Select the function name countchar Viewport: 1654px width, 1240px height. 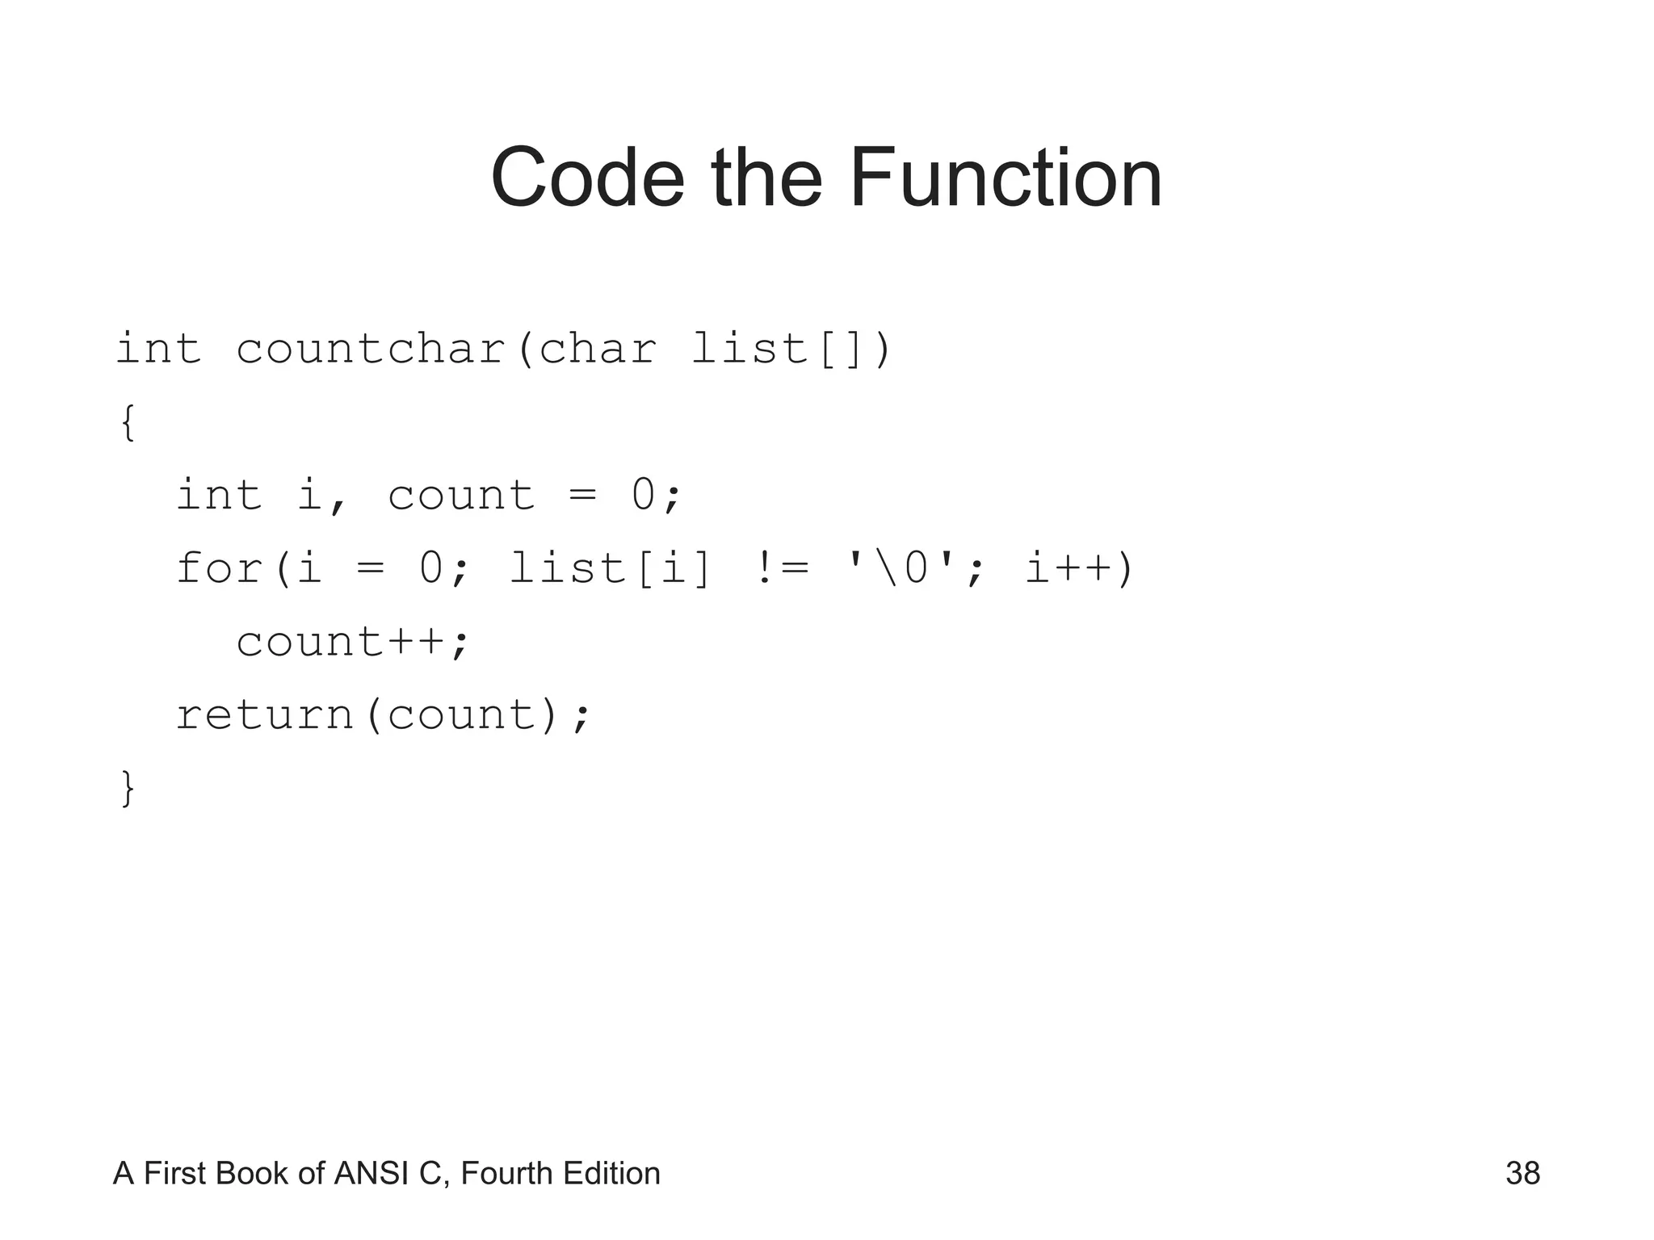click(371, 350)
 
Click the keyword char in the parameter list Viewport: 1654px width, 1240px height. click(597, 350)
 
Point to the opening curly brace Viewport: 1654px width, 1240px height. click(127, 422)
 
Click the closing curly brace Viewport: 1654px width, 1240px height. click(127, 788)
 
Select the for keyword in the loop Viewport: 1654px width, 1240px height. click(220, 568)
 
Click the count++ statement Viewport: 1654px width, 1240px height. click(352, 643)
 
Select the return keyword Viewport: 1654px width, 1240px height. click(265, 715)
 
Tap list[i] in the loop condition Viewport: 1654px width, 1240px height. click(610, 568)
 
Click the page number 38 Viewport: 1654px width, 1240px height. click(1522, 1174)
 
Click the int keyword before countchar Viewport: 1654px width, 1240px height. click(158, 350)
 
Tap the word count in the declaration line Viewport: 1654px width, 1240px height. click(461, 496)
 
